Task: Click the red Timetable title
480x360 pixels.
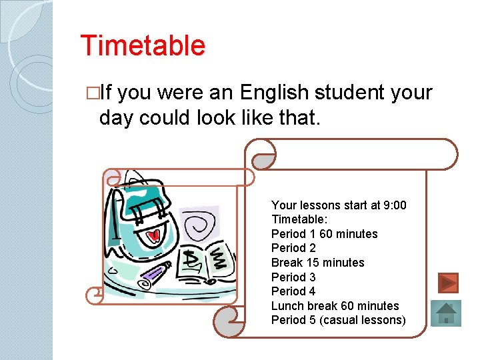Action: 143,46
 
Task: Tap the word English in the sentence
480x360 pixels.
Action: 278,93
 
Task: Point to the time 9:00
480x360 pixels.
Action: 393,205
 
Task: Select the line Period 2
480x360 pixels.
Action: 293,248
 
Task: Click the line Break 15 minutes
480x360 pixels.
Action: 317,263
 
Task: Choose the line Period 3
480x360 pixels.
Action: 293,277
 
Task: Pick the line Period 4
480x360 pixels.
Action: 293,291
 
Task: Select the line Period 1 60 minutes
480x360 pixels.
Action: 324,234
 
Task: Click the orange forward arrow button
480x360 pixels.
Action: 449,283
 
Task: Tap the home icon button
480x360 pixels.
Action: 446,313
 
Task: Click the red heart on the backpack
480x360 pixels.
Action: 154,235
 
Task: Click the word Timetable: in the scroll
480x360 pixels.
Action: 299,219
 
